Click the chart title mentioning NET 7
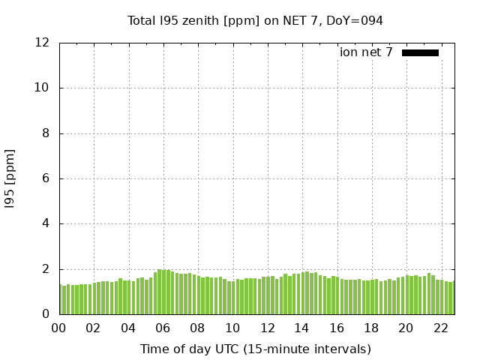coord(255,21)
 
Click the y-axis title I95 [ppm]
coord(10,178)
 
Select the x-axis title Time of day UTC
coord(255,349)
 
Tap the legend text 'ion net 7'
coord(366,52)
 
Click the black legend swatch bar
coord(420,52)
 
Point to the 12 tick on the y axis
coord(43,43)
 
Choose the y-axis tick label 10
coord(43,88)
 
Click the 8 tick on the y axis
coord(46,133)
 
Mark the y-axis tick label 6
coord(46,178)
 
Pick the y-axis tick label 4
coord(46,223)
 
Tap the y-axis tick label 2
coord(46,269)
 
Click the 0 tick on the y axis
coord(46,314)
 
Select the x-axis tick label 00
coord(59,328)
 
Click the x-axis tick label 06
coord(163,328)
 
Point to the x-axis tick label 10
coord(232,328)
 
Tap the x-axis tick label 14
coord(301,328)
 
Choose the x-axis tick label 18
coord(371,328)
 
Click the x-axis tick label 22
coord(440,328)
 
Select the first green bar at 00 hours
coord(61,299)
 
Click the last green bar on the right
coord(453,298)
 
